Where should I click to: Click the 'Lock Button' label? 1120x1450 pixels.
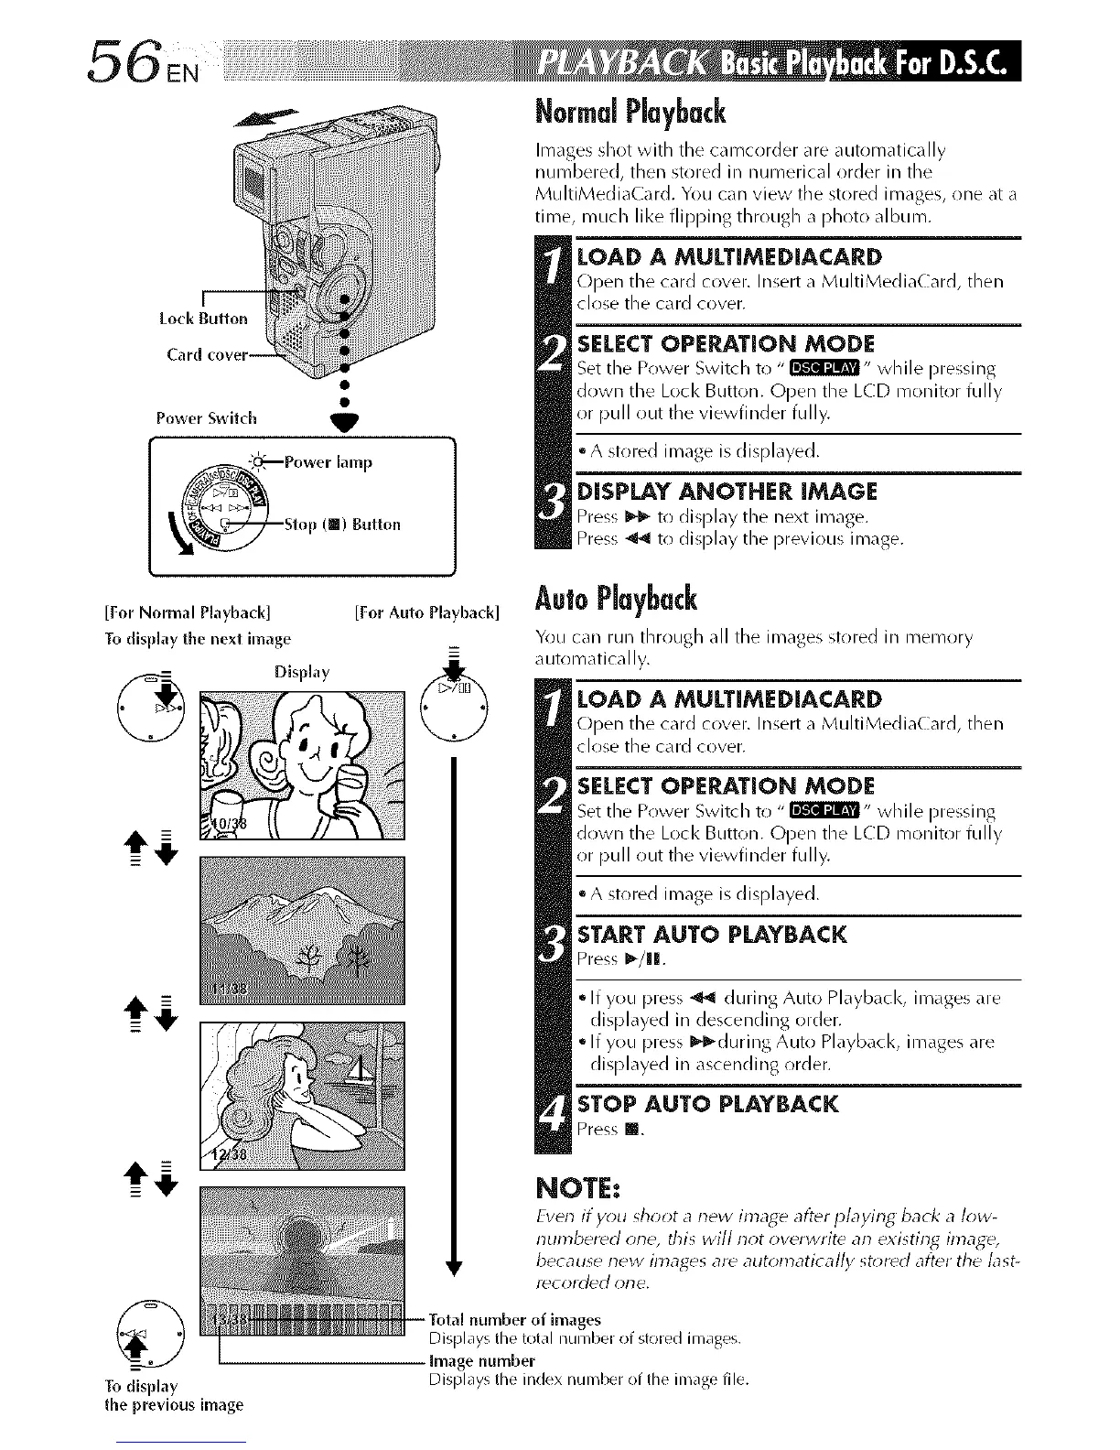202,319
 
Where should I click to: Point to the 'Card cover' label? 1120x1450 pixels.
207,354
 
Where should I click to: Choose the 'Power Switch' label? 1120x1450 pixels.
206,418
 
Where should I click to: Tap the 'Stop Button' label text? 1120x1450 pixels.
342,525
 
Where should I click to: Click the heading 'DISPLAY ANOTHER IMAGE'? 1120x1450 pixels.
727,492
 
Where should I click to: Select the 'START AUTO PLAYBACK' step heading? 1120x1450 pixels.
712,935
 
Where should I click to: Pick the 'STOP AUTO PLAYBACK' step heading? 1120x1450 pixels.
707,1103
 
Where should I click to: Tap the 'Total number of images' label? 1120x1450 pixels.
515,1319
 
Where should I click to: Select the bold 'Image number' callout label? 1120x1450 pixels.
482,1360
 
